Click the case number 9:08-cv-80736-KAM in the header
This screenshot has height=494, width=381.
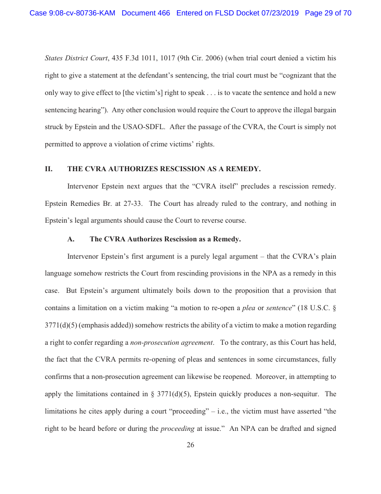click(x=72, y=13)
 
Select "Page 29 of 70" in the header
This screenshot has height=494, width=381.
click(x=328, y=13)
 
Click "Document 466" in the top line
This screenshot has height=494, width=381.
click(x=146, y=13)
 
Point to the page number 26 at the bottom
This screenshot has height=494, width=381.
click(x=190, y=445)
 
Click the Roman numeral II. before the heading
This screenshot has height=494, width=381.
click(x=49, y=168)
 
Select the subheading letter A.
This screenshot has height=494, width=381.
click(x=71, y=239)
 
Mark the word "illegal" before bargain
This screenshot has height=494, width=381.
click(x=296, y=109)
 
